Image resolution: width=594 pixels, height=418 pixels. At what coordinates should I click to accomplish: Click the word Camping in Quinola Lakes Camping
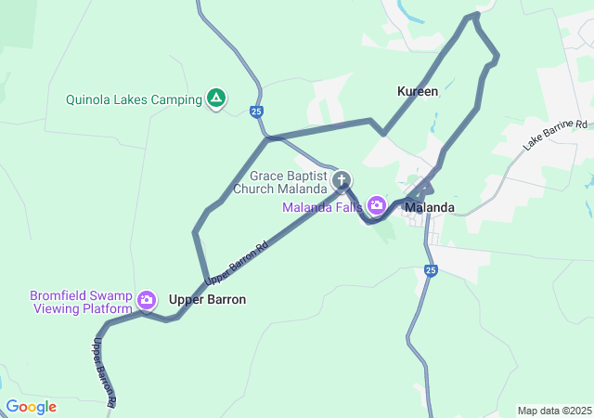(x=175, y=99)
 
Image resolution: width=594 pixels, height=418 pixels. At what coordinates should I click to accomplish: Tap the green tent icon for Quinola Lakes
(x=216, y=98)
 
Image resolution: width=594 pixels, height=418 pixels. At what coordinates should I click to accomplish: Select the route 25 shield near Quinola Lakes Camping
(x=256, y=111)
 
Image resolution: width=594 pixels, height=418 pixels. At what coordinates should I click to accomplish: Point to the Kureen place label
(x=418, y=91)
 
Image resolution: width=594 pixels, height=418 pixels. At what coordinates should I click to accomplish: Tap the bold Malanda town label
(x=430, y=207)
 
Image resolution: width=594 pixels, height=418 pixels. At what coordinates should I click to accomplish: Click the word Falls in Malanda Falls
(x=347, y=206)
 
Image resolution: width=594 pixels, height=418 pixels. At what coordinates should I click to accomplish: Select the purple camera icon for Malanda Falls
(x=377, y=204)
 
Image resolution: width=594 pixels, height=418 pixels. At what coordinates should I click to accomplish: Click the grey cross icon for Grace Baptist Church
(x=342, y=180)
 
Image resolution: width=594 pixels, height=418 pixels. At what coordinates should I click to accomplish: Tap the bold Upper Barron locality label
(x=207, y=299)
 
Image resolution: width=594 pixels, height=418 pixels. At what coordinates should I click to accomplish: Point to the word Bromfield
(x=61, y=294)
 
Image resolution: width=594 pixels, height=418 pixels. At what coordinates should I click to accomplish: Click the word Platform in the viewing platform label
(x=103, y=308)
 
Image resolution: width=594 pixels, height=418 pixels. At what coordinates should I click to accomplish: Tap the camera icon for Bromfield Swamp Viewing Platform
(x=147, y=300)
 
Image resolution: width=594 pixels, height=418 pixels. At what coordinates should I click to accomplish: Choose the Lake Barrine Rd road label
(x=556, y=135)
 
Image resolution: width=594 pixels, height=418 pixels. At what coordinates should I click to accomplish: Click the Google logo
(x=31, y=407)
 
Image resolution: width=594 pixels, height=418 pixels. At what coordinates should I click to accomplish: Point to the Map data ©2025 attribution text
(x=553, y=411)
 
